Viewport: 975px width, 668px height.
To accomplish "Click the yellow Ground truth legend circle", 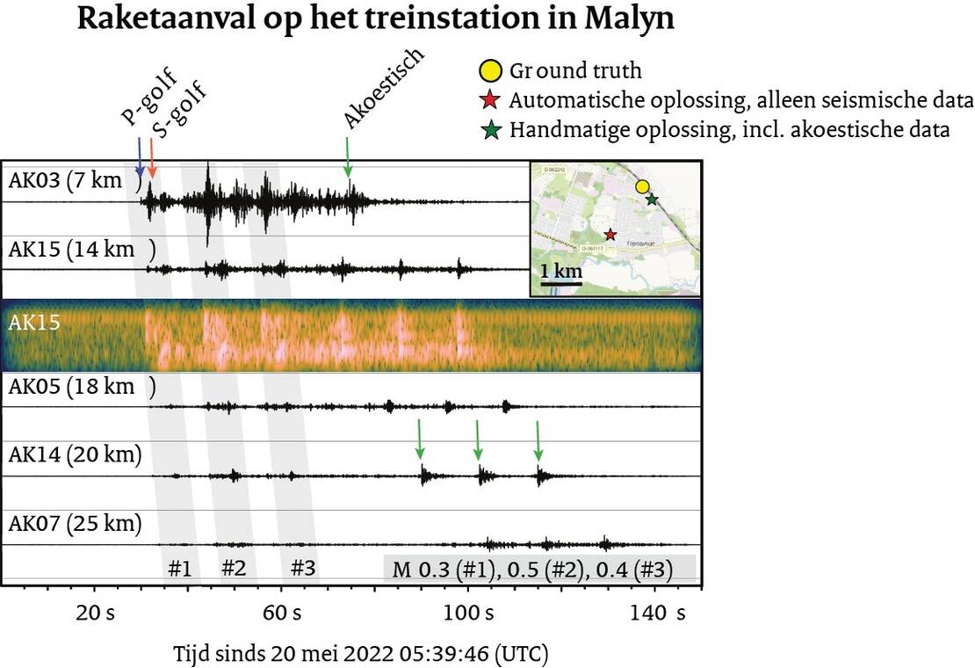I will [490, 70].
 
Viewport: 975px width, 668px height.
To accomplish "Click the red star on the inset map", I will [610, 234].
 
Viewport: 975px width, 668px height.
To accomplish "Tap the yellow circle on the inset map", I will [642, 186].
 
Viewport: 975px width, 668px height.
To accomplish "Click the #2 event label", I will [233, 568].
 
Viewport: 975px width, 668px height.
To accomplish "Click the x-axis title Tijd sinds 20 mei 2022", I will [362, 654].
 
